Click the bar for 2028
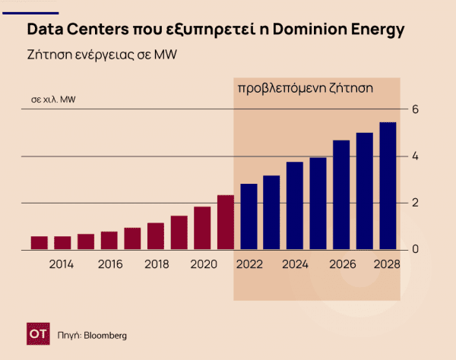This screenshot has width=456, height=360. [388, 186]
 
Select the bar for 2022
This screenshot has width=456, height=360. [249, 216]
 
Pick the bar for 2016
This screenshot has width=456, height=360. [109, 240]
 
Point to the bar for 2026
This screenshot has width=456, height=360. [341, 194]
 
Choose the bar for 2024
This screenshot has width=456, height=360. [295, 205]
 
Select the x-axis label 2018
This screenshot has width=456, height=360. [156, 264]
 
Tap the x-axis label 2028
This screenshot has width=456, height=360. [388, 264]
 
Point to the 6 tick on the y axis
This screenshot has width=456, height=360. [415, 109]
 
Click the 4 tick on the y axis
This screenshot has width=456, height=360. [415, 156]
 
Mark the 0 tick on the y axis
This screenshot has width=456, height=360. [415, 249]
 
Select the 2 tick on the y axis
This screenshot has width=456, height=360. [415, 203]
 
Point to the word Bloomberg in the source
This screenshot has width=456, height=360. [105, 335]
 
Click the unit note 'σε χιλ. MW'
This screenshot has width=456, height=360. [53, 99]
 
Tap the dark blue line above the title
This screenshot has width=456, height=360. [30, 13]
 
